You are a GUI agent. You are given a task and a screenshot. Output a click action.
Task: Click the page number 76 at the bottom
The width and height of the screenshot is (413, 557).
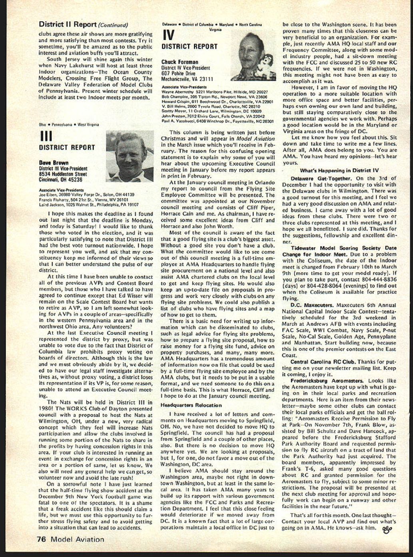click(x=42, y=539)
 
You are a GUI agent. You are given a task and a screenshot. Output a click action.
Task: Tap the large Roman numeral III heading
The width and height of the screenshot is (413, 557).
click(x=46, y=136)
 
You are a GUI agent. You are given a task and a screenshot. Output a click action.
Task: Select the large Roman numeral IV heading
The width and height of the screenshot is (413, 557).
click(x=170, y=35)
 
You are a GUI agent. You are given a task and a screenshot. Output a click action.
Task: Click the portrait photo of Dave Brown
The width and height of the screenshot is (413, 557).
click(x=130, y=156)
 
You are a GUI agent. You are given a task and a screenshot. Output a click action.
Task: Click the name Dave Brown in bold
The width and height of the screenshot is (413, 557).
click(x=54, y=163)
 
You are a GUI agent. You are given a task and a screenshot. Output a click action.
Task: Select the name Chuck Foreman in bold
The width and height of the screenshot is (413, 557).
click(x=180, y=62)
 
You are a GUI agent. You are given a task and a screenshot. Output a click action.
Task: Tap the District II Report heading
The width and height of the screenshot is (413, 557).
click(x=68, y=24)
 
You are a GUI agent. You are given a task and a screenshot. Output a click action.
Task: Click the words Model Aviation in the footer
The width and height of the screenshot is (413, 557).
click(x=77, y=539)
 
